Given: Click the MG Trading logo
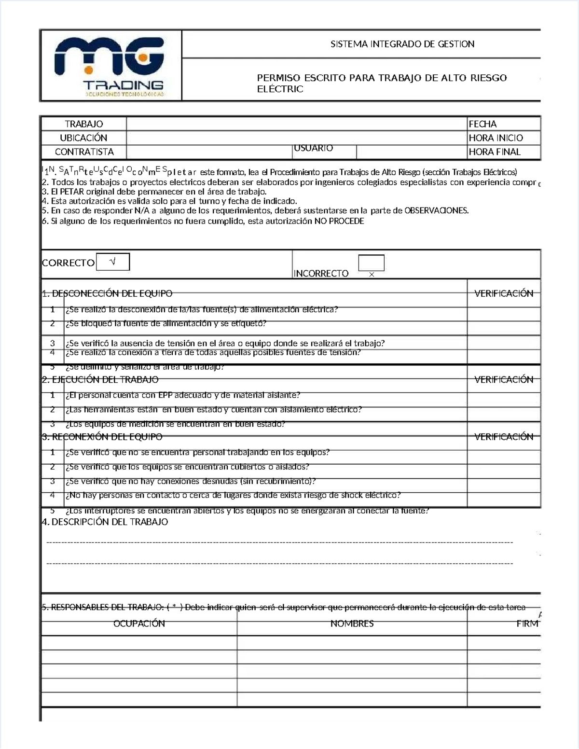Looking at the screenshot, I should click(x=110, y=66).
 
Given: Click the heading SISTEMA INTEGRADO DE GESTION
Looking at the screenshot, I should click(x=402, y=44).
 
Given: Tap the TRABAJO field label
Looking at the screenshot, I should click(x=84, y=124).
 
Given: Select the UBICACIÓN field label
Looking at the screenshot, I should click(x=84, y=138).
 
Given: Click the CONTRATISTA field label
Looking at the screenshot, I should click(x=84, y=152).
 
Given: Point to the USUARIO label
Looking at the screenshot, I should click(x=313, y=148).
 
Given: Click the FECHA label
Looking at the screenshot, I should click(x=482, y=124).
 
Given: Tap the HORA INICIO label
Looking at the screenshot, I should click(x=496, y=138).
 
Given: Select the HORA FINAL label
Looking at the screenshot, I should click(x=495, y=152).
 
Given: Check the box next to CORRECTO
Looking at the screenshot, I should click(x=113, y=262).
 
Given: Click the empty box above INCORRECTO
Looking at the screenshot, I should click(x=371, y=263).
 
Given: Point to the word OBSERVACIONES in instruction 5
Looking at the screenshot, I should click(x=436, y=211).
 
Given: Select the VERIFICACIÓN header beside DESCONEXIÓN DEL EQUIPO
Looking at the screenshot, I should click(x=504, y=293).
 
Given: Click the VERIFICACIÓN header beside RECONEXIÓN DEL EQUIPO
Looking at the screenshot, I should click(x=504, y=437).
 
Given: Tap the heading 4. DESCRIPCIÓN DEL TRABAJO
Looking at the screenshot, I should click(x=105, y=522).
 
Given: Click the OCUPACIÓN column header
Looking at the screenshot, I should click(x=139, y=624).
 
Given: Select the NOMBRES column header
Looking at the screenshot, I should click(x=352, y=624).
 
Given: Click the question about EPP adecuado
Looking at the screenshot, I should click(x=183, y=395).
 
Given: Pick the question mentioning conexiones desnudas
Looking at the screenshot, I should click(x=191, y=481).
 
